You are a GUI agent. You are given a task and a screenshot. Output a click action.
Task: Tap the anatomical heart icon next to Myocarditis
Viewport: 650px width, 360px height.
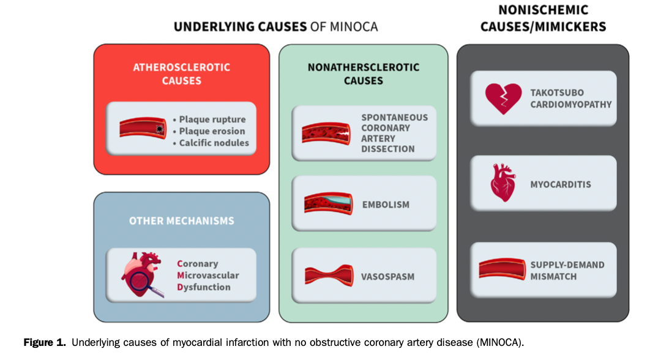pyautogui.click(x=502, y=183)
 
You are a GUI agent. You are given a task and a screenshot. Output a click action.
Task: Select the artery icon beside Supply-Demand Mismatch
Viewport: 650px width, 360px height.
pyautogui.click(x=502, y=270)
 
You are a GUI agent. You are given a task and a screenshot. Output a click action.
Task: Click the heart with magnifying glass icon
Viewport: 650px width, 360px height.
pyautogui.click(x=142, y=275)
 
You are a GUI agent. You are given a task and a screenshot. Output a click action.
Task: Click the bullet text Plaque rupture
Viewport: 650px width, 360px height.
pyautogui.click(x=212, y=119)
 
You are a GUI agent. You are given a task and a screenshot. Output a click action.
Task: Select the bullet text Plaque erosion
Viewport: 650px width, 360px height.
pyautogui.click(x=212, y=131)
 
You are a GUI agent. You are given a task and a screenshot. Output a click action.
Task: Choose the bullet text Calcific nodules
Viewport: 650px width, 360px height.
pyautogui.click(x=214, y=143)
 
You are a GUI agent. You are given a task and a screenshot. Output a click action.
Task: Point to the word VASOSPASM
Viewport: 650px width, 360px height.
pyautogui.click(x=387, y=277)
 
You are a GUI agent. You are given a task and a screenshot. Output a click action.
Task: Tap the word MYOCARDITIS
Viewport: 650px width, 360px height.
pyautogui.click(x=561, y=184)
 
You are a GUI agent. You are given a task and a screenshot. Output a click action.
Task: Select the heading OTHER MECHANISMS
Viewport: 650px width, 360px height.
pyautogui.click(x=181, y=221)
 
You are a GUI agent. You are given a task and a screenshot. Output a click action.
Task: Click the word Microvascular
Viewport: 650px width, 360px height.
pyautogui.click(x=207, y=276)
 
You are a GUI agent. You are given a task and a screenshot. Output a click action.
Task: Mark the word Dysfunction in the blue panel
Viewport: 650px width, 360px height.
pyautogui.click(x=203, y=287)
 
